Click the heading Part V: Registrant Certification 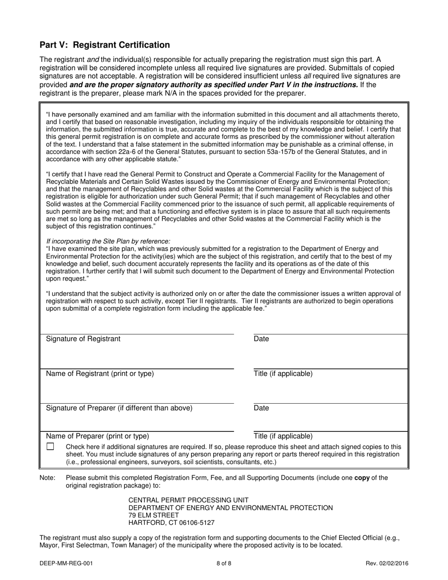point(105,45)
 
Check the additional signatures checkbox point(50,446)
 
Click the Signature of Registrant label point(83,339)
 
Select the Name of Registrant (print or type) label point(100,373)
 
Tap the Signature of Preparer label point(119,408)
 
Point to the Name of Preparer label point(97,436)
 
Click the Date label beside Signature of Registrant point(261,339)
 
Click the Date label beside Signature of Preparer point(261,408)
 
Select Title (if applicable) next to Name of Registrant point(283,373)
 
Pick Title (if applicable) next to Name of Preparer point(283,436)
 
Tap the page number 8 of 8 point(224,563)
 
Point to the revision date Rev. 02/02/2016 point(387,563)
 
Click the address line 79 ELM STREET point(154,515)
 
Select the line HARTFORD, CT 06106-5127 point(172,523)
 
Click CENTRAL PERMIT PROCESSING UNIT point(189,500)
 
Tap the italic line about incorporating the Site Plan point(112,241)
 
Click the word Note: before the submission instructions point(48,478)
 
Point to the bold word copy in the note point(362,478)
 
